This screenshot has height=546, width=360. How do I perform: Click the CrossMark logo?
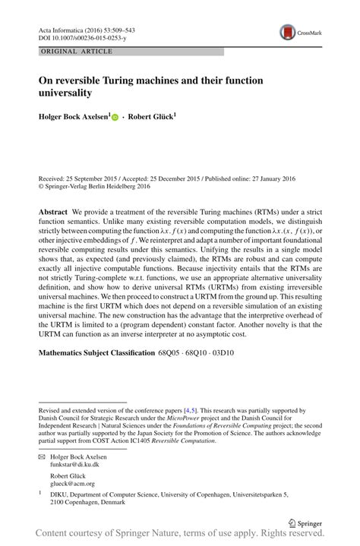(x=289, y=32)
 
